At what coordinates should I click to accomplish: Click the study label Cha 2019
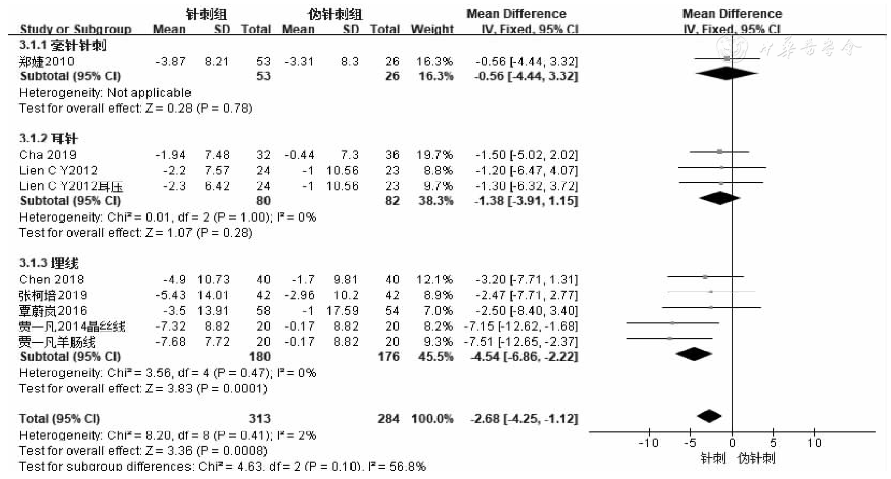pos(48,155)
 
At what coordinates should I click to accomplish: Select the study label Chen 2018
pos(51,279)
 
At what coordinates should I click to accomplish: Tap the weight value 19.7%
pos(434,155)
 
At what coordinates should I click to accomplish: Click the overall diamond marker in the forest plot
pos(709,417)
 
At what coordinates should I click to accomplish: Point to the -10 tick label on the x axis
pos(648,443)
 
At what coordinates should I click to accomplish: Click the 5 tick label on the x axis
pos(773,443)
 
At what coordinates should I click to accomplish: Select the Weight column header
pos(432,29)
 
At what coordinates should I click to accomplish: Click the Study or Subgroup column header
pos(75,29)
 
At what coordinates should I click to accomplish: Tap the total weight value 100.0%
pos(432,419)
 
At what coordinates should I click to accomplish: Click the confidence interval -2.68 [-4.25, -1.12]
pos(524,419)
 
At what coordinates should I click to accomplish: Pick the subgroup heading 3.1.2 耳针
pos(48,139)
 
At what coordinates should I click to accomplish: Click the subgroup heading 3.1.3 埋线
pos(49,264)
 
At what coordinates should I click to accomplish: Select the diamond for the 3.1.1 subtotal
pos(727,74)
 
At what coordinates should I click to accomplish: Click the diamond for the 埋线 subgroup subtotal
pos(694,354)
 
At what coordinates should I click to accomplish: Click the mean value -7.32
pos(170,326)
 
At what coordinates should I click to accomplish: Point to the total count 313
pos(259,419)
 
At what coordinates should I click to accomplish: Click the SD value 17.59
pos(342,311)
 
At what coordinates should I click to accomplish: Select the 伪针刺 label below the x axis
pos(756,458)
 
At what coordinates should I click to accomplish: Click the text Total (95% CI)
pos(59,419)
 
